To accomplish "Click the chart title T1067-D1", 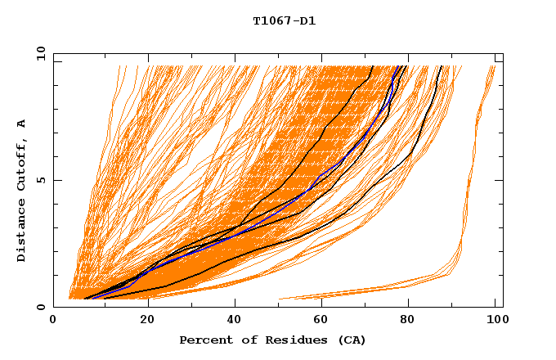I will (x=284, y=21).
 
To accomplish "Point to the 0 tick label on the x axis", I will (x=53, y=321).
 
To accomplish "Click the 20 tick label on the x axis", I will (x=141, y=321).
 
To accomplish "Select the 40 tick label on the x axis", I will (x=231, y=321).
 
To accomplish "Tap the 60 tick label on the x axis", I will (x=319, y=321).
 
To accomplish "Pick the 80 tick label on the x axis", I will (x=407, y=321).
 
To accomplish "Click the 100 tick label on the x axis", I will (x=495, y=321).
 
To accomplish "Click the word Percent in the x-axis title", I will (x=202, y=340).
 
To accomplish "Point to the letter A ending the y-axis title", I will (x=22, y=124).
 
